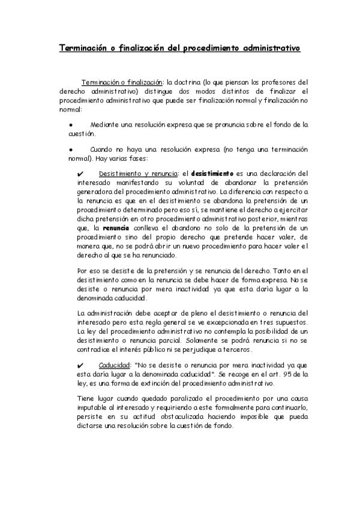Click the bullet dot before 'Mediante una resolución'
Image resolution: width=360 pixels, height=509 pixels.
[71, 125]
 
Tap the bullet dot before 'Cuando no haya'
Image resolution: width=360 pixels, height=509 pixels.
[71, 149]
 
